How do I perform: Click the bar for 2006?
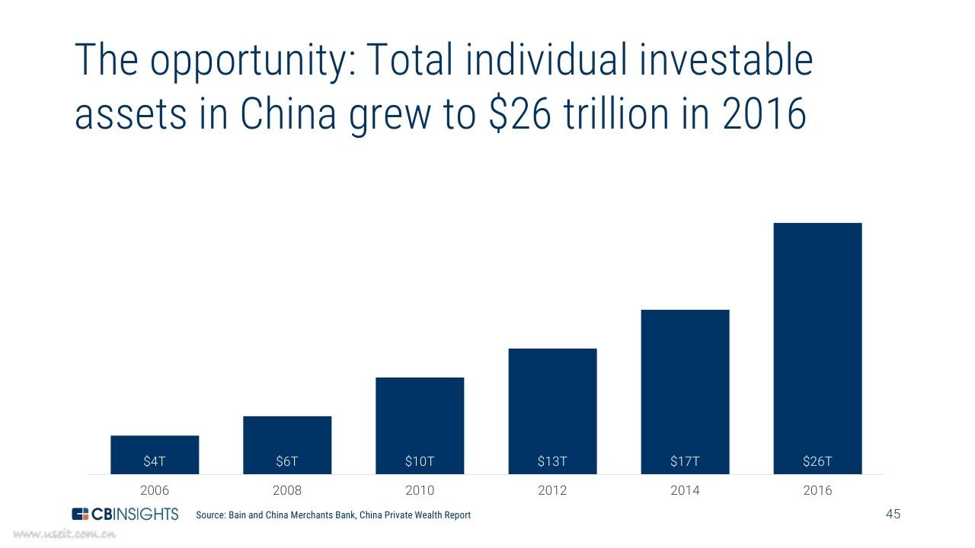coord(155,454)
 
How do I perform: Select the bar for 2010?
coord(420,425)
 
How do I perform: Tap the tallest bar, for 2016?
coord(817,349)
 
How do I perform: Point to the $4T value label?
coord(155,461)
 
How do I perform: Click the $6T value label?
coord(287,461)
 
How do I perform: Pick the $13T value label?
coord(552,461)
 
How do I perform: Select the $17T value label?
coord(685,461)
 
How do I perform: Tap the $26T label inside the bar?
coord(817,461)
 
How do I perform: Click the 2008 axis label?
coord(287,490)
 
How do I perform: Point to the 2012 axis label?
coord(552,490)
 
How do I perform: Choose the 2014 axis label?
coord(685,490)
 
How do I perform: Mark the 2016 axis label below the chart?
coord(817,490)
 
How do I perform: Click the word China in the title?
coord(288,113)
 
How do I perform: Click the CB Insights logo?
coord(125,514)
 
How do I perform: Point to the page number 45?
coord(893,514)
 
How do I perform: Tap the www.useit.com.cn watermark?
coord(65,534)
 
